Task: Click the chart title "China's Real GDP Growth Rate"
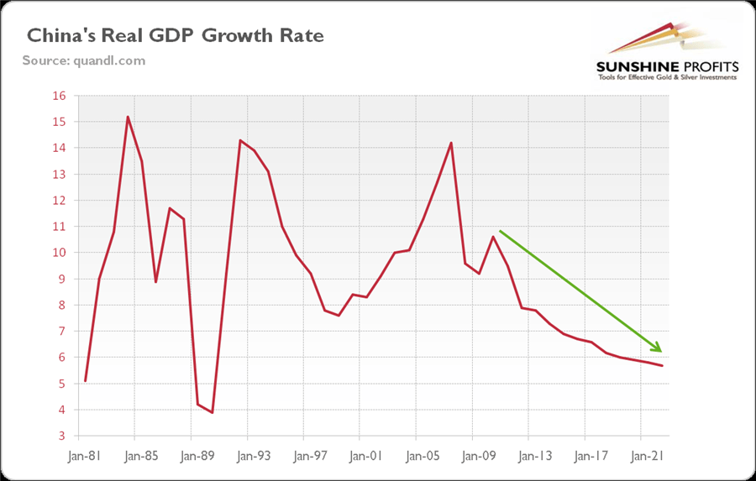[176, 36]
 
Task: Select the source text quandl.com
[83, 60]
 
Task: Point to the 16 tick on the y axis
[59, 96]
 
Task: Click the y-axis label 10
[59, 253]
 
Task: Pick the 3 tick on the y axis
[62, 437]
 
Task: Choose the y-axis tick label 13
[59, 175]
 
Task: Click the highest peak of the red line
[128, 117]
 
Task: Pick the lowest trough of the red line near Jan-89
[213, 412]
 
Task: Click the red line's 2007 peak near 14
[451, 143]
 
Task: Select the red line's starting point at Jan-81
[86, 381]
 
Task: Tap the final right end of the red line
[663, 365]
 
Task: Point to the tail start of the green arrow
[500, 230]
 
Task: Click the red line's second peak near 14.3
[240, 140]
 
